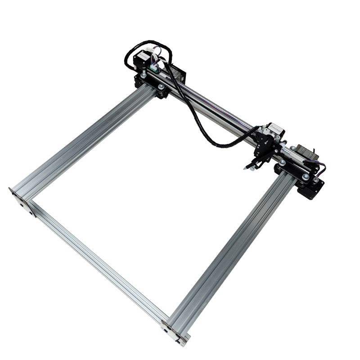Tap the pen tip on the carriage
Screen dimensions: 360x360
click(246, 168)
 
